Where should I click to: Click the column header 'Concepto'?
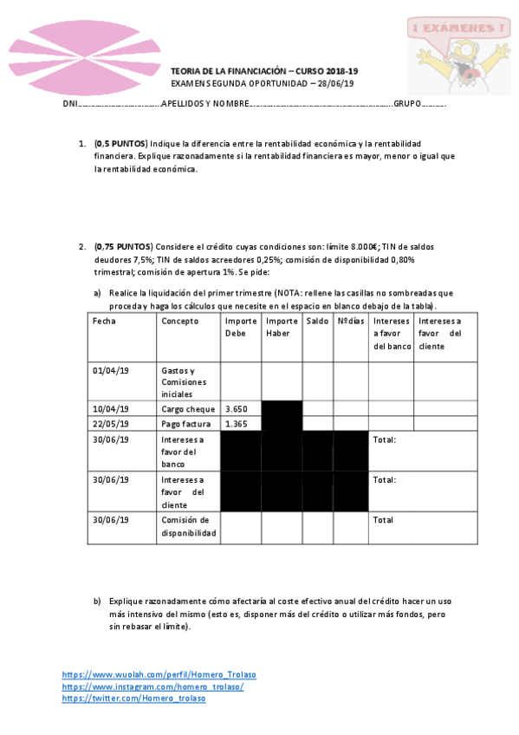(178, 321)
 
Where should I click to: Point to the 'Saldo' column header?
(317, 321)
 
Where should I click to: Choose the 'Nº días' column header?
(351, 321)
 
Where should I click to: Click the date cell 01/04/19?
(110, 370)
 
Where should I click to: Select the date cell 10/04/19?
(110, 408)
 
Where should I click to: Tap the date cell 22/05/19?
(110, 423)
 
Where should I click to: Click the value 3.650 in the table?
(237, 408)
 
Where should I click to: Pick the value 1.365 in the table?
(237, 423)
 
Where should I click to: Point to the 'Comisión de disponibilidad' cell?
(188, 526)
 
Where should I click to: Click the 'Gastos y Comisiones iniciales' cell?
(184, 381)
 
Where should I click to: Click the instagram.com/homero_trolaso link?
(152, 686)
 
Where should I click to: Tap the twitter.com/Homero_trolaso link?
(133, 699)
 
